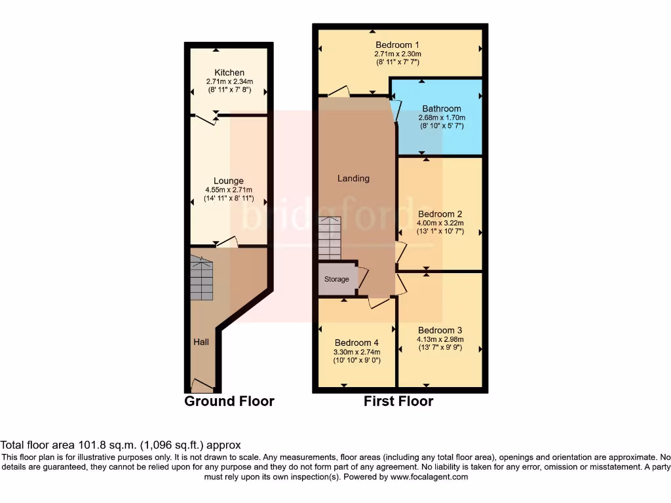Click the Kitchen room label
[x=229, y=72]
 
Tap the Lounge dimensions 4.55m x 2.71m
[x=229, y=191]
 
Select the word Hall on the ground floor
[x=201, y=342]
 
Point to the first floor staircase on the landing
[x=330, y=240]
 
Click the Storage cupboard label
[x=337, y=279]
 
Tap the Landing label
[x=353, y=178]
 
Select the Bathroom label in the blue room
[x=441, y=109]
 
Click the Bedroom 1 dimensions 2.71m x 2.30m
[x=397, y=54]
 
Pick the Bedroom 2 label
[x=440, y=214]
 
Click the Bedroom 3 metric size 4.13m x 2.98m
[x=440, y=339]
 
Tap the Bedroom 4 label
[x=356, y=343]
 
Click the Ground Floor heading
[x=229, y=401]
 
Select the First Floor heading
[x=398, y=401]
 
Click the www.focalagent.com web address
[x=429, y=477]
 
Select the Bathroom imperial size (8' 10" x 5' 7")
[x=441, y=127]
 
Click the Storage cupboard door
[x=362, y=278]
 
